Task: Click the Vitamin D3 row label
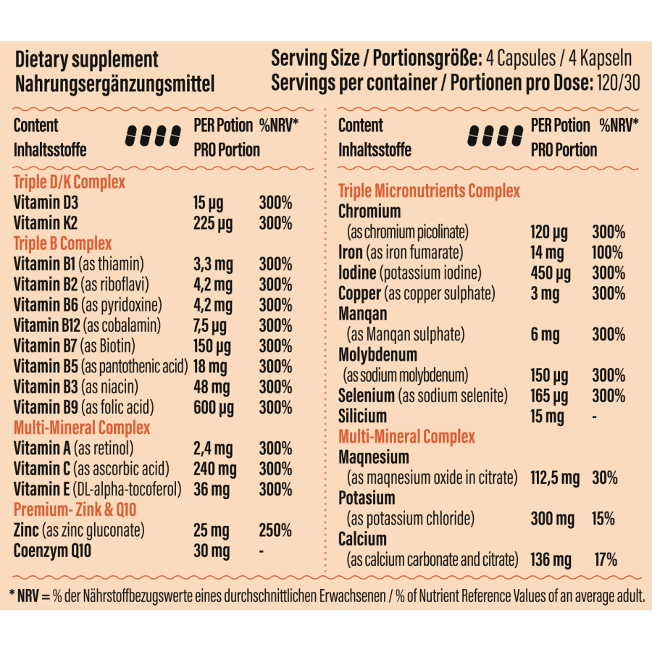45,203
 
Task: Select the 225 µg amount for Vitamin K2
213,223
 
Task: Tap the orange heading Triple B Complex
62,243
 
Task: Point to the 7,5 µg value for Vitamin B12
210,325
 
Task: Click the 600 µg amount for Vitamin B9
214,407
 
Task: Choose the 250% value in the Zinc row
275,530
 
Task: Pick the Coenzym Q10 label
53,551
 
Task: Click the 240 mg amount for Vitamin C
214,469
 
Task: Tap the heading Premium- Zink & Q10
75,509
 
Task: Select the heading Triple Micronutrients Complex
429,191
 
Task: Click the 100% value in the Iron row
607,253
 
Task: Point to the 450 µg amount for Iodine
551,274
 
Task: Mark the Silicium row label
362,417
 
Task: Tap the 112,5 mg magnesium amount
555,478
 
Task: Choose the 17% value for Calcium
605,560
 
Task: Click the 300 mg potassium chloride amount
552,519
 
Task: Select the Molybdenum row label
377,355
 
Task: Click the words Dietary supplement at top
86,59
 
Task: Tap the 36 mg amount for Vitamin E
211,489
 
